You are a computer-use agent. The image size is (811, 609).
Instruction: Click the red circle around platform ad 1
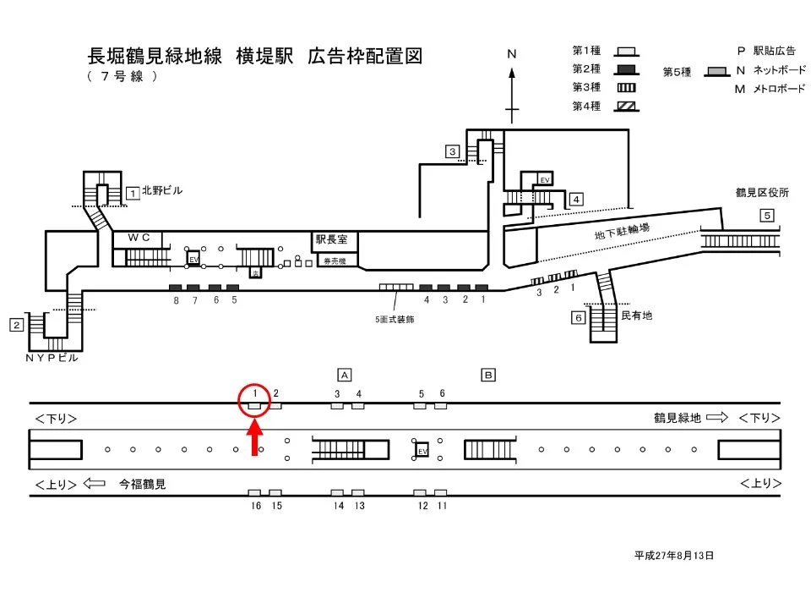[254, 399]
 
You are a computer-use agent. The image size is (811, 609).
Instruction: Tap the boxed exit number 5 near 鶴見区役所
[766, 215]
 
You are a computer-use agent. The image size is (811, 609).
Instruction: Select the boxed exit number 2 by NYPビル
[16, 324]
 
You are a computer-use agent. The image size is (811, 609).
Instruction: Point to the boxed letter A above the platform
[344, 374]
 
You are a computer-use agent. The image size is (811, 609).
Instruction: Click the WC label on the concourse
[139, 239]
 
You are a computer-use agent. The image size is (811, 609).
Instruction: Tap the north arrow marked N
[512, 85]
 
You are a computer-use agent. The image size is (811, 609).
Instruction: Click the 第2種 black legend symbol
[626, 69]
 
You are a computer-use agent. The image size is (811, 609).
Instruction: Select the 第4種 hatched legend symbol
[626, 106]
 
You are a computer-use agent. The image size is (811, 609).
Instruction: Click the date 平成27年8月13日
[674, 556]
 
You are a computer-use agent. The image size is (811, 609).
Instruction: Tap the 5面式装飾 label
[395, 320]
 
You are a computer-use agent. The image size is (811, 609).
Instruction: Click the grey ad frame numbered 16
[254, 492]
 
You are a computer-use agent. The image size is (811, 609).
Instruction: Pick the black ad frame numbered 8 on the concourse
[176, 288]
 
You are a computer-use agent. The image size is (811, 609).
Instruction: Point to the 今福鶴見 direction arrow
[95, 485]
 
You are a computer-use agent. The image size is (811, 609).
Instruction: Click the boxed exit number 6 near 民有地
[578, 318]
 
